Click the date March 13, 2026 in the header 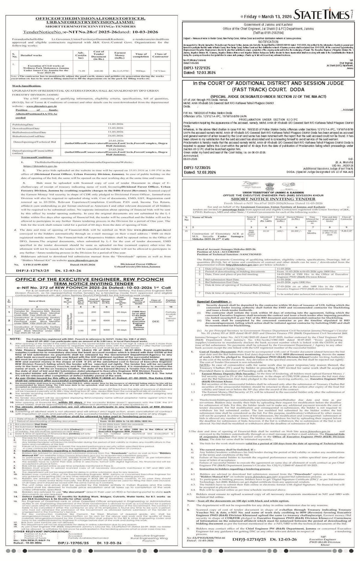click(x=275, y=17)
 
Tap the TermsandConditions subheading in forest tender click(x=36, y=157)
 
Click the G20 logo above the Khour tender click(x=286, y=185)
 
